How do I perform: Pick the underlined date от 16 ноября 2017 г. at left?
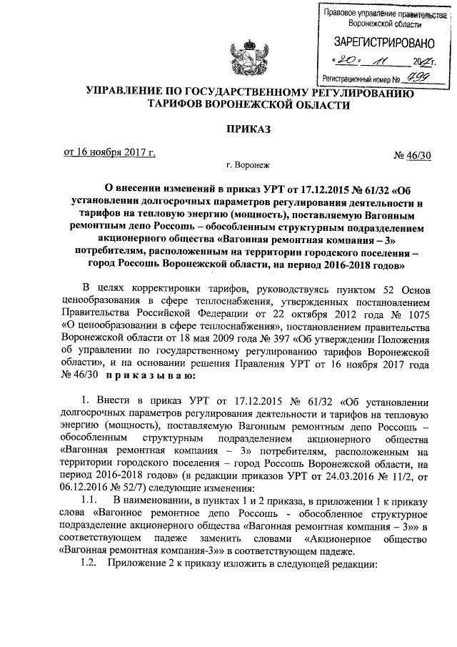(109, 152)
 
